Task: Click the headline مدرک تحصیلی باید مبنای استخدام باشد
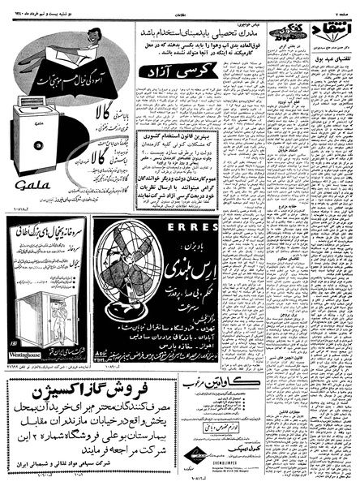pos(182,35)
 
